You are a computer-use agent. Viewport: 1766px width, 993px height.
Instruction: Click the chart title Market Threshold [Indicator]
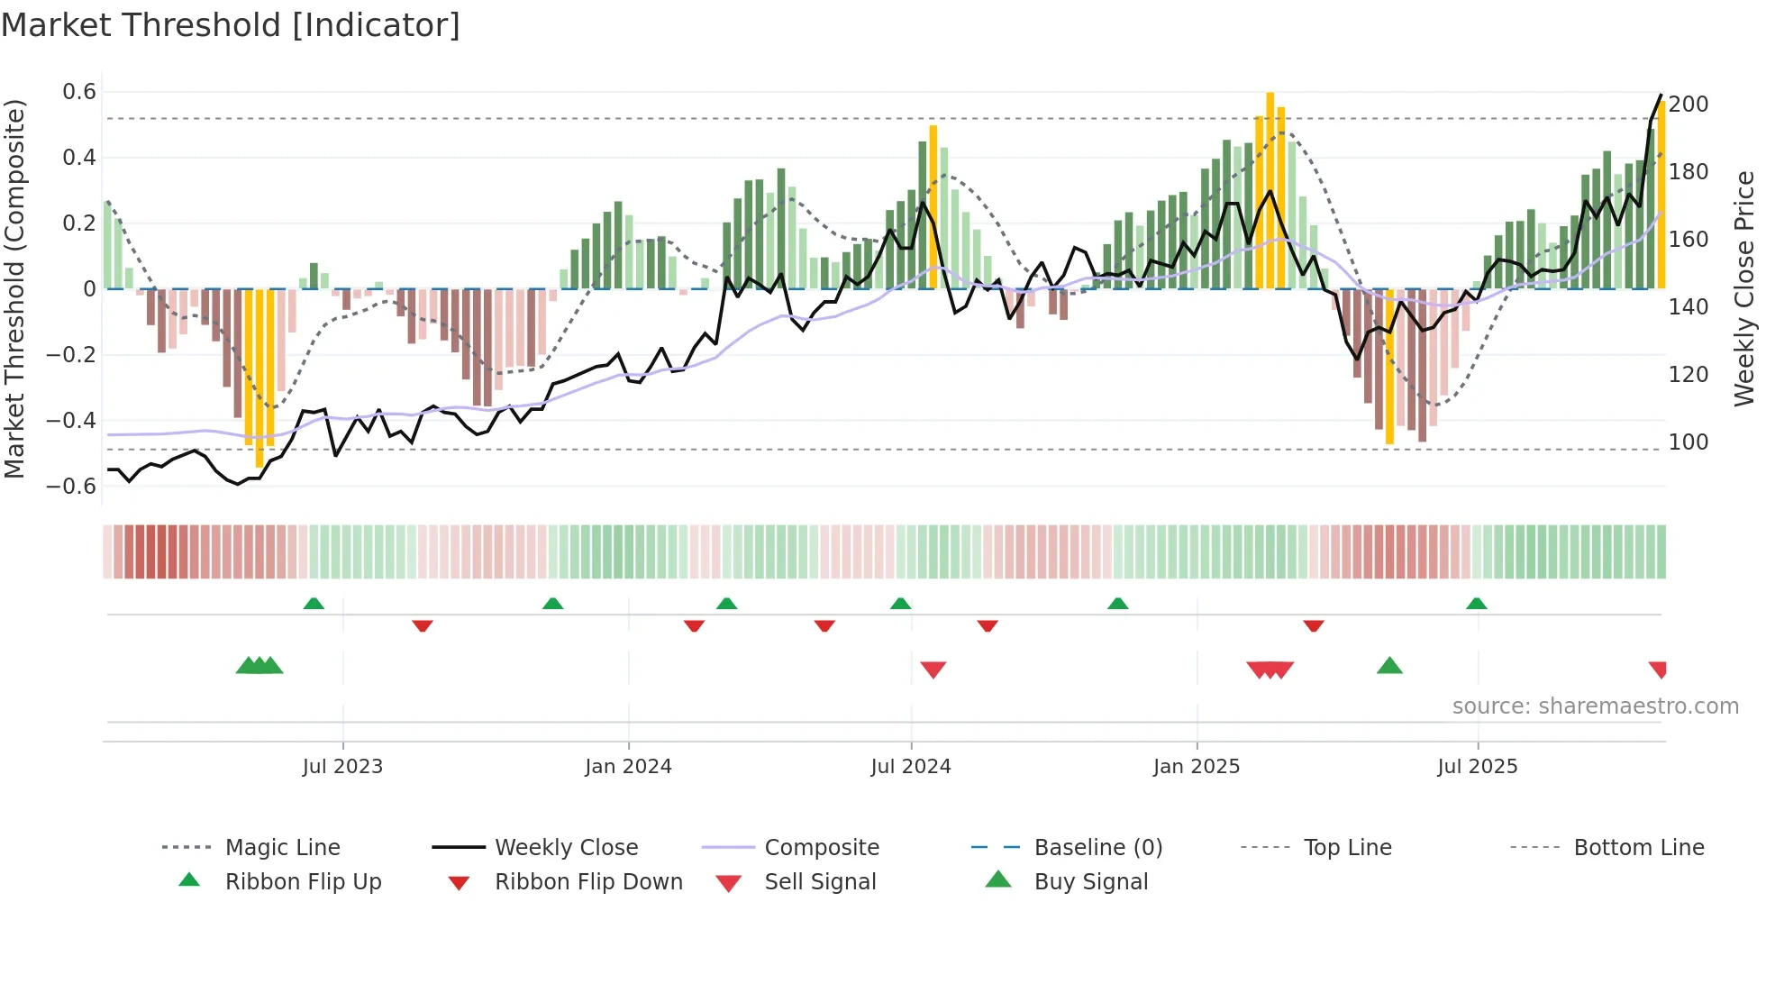(231, 25)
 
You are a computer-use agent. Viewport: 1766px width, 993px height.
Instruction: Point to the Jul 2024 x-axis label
(910, 767)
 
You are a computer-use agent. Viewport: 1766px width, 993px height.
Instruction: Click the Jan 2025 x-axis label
(1196, 767)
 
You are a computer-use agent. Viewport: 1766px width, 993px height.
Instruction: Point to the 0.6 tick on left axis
(79, 92)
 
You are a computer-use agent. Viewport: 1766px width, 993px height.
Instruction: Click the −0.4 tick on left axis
(71, 421)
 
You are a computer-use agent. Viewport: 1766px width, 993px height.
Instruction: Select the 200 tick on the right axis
(1688, 105)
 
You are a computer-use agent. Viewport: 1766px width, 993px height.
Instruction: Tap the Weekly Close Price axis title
(1744, 288)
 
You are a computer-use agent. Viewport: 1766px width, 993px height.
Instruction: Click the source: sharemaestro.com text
(1595, 706)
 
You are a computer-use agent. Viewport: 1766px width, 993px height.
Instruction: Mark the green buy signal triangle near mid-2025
(1389, 666)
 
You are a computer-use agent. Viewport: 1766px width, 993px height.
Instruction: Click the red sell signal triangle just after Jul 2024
(933, 670)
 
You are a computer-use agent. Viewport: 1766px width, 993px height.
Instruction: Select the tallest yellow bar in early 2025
(1270, 189)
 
